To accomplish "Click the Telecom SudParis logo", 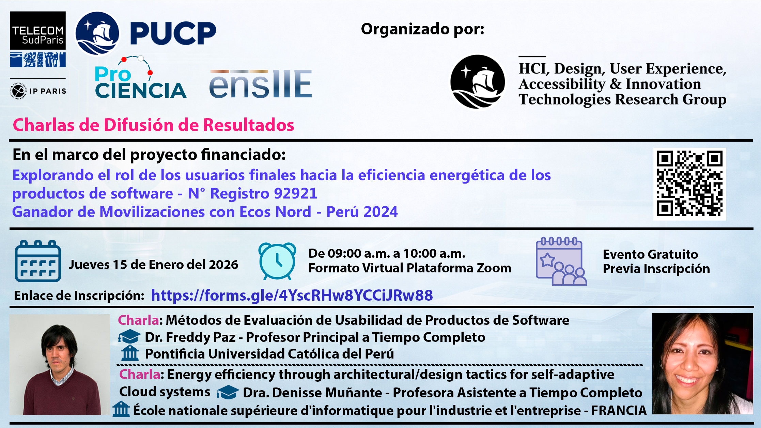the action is coord(38,39).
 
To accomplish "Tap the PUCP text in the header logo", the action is coord(173,33).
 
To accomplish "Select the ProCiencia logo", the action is coord(140,78).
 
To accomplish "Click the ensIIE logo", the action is coord(261,84).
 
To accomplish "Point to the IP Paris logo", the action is coord(38,91).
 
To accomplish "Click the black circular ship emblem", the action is coord(478,82).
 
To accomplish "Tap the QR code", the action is coord(690,184).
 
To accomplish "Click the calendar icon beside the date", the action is coord(38,261).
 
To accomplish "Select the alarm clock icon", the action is coord(277,261).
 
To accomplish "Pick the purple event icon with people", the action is coord(561,261).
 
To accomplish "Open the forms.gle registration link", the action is coord(292,295).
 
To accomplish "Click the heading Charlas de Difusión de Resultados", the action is coord(154,125).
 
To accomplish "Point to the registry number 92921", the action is coord(296,193).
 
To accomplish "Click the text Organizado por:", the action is coord(422,29).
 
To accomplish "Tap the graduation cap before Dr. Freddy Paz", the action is coord(129,337).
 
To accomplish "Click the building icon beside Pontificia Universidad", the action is coord(130,353).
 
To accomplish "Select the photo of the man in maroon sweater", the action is coord(60,364).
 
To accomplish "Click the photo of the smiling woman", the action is coord(702,364).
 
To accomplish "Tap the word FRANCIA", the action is coord(619,410).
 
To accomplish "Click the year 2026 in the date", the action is coord(223,265).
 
